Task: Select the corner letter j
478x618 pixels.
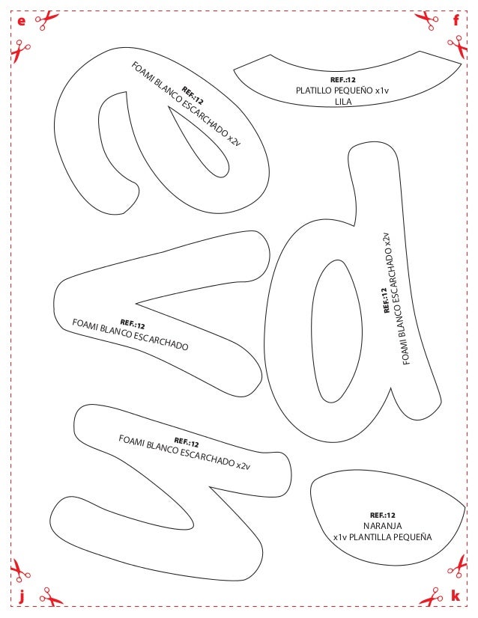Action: [x=21, y=596]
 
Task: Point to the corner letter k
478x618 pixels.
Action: [x=456, y=596]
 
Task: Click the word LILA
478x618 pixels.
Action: [x=344, y=103]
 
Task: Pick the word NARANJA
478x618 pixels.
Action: [x=383, y=526]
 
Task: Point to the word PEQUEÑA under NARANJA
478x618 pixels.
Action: [x=417, y=537]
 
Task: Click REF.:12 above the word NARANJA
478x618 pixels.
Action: [x=383, y=515]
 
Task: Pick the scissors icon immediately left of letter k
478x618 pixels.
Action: [x=431, y=597]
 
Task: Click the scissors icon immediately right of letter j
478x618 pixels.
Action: [x=51, y=596]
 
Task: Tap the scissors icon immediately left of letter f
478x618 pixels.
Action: [x=428, y=20]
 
